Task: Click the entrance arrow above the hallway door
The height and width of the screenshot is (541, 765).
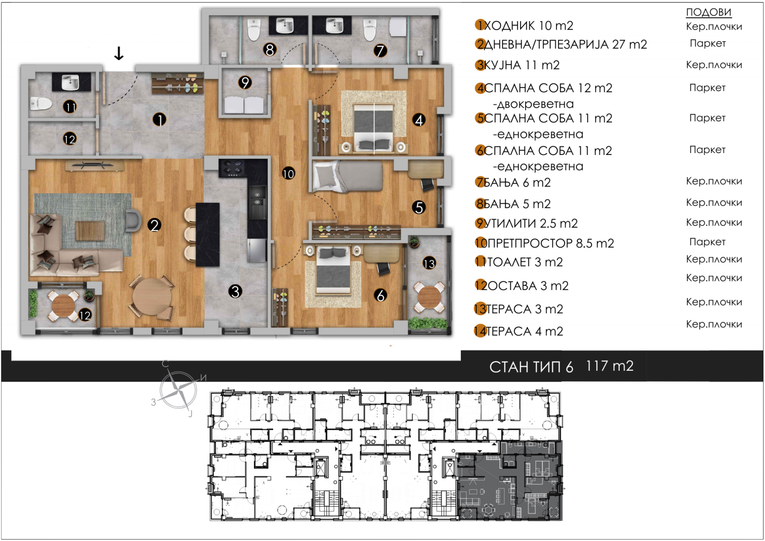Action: point(119,53)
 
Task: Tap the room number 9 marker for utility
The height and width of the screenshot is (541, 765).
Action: point(245,82)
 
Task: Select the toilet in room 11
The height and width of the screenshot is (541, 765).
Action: point(41,103)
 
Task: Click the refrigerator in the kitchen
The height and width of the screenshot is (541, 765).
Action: point(257,251)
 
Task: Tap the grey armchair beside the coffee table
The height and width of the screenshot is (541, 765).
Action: point(133,221)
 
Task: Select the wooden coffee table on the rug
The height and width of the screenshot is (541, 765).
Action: point(90,231)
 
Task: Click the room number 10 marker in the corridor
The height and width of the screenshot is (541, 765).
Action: point(288,174)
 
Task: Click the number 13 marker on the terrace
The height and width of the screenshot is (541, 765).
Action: point(429,264)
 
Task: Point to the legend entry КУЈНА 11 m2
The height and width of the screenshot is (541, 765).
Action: point(522,65)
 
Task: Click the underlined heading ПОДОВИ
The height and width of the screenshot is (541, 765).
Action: point(709,12)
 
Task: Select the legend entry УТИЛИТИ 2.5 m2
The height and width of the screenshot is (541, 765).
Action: point(531,223)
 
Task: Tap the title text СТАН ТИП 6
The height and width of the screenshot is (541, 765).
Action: point(531,367)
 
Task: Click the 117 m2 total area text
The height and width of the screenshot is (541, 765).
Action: point(610,366)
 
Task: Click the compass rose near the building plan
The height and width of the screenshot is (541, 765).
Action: point(178,389)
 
